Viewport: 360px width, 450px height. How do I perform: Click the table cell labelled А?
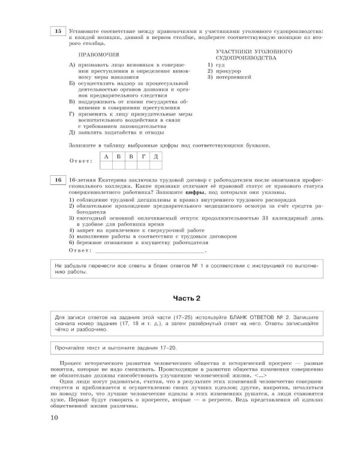click(106, 157)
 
